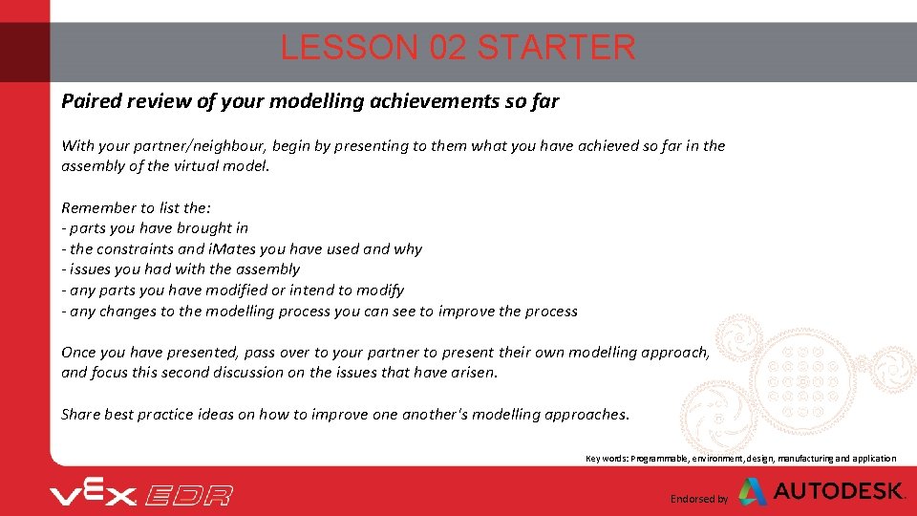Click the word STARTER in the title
click(556, 47)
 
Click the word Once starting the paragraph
click(79, 353)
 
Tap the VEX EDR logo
click(141, 494)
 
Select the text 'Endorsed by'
click(699, 499)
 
